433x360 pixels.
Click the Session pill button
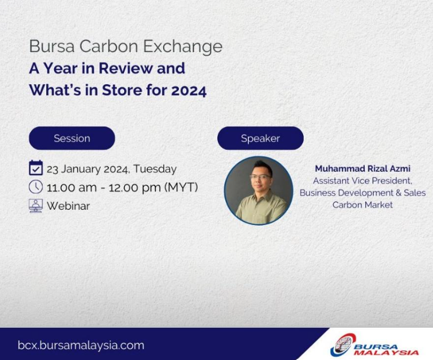click(x=72, y=138)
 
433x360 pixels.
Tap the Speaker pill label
click(x=260, y=138)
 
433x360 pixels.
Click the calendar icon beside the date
click(x=36, y=168)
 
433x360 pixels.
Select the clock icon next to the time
click(x=36, y=187)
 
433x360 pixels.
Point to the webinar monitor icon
click(x=36, y=206)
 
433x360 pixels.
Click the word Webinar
click(x=68, y=206)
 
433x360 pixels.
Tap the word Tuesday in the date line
click(x=155, y=169)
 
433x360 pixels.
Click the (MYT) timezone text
click(x=181, y=187)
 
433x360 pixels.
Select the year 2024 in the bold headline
click(x=189, y=90)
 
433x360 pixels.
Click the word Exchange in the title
click(x=183, y=46)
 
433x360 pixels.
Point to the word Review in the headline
click(x=126, y=68)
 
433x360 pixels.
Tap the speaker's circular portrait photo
click(x=259, y=190)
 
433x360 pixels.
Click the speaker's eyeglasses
click(x=260, y=176)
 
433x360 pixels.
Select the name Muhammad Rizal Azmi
click(x=362, y=168)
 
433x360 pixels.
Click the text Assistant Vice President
click(x=362, y=181)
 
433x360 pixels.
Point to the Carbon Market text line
click(x=362, y=205)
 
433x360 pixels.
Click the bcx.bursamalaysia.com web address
click(x=81, y=345)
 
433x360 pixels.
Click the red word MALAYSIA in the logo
click(x=387, y=353)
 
